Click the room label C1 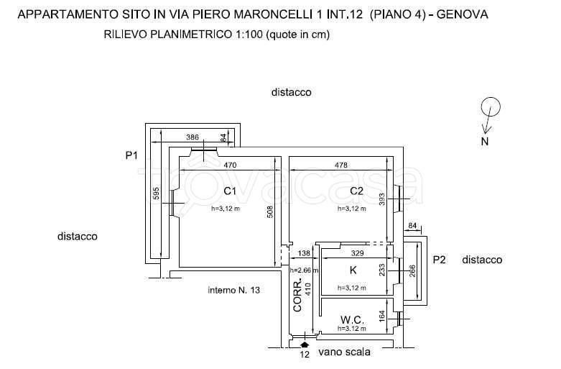tap(230, 191)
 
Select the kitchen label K tap(352, 270)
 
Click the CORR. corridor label tap(298, 296)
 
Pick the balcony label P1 tap(131, 155)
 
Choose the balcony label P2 tap(440, 260)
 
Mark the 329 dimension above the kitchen tap(356, 254)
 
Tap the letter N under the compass tap(485, 142)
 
